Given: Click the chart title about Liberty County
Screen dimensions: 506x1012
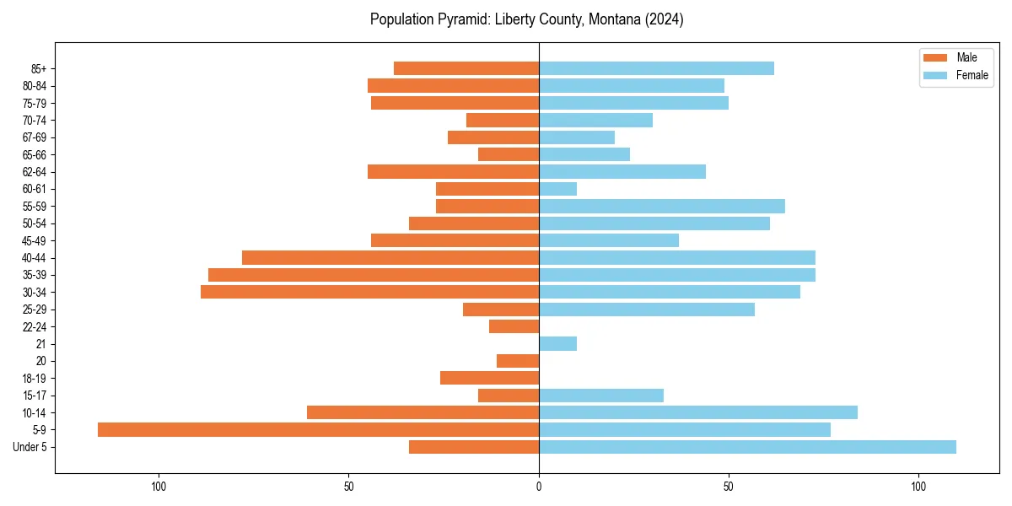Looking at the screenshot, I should click(526, 19).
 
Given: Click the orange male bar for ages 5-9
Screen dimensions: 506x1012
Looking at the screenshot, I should click(318, 429).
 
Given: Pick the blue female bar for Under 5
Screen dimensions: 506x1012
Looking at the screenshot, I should click(747, 447).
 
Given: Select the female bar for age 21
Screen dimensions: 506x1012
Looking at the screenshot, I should click(557, 343).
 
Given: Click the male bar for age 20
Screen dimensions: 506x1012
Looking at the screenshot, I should click(518, 361).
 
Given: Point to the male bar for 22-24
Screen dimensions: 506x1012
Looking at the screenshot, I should click(514, 326).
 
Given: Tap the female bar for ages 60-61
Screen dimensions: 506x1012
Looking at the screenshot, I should click(557, 189).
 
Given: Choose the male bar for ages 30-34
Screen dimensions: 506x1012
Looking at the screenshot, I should click(369, 292).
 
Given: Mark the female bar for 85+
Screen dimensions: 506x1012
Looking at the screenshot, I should click(656, 68).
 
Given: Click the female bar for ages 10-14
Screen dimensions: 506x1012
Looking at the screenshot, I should click(698, 412).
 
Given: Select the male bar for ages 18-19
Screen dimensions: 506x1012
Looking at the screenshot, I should click(489, 378).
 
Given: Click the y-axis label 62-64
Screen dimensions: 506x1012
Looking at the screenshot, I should click(35, 172).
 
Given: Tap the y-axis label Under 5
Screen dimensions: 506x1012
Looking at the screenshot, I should click(30, 447).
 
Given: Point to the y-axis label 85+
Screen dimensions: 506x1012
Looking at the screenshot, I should click(38, 68).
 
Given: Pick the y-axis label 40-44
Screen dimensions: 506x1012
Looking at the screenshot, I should click(35, 258).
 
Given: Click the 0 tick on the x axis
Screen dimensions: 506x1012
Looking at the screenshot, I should click(539, 486).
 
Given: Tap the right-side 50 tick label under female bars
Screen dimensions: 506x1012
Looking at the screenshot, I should click(729, 486).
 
